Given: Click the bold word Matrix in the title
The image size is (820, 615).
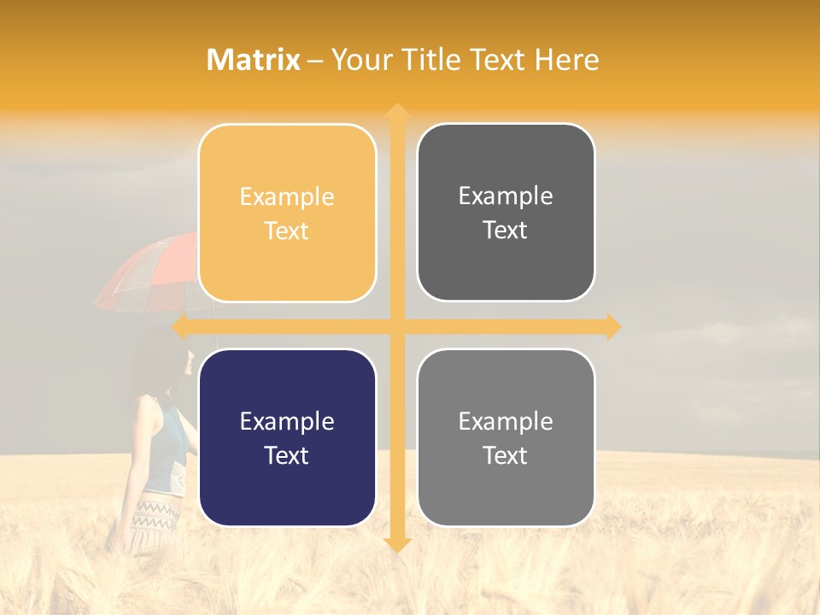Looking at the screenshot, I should tap(254, 60).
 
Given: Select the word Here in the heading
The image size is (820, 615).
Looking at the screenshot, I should tap(566, 60).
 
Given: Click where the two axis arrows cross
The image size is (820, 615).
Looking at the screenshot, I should tap(396, 326).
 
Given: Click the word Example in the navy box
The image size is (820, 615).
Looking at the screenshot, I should tap(287, 422).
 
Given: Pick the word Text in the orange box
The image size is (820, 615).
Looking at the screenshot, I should tap(287, 231).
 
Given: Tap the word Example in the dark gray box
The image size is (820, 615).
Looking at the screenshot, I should tap(506, 196).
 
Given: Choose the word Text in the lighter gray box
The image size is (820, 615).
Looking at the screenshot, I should tap(506, 456).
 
